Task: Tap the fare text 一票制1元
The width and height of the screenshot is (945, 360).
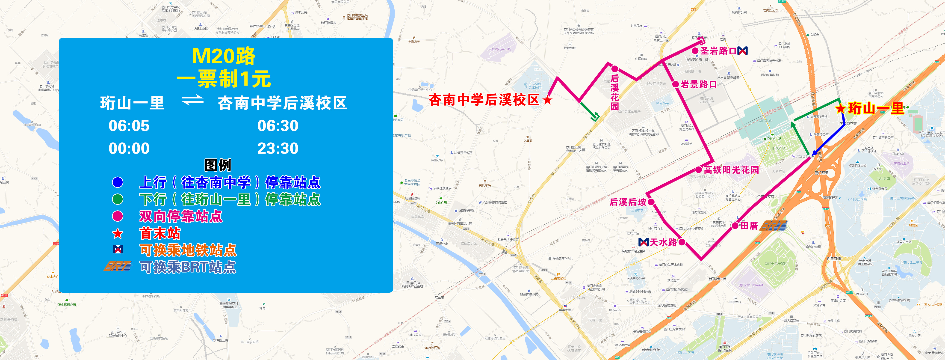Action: [x=224, y=79]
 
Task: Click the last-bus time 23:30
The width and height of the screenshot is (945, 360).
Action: [x=278, y=149]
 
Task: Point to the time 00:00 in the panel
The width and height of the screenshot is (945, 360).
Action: [x=129, y=149]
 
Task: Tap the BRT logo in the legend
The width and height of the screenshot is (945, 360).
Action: [x=117, y=266]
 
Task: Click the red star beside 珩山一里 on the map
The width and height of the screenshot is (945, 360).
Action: [x=840, y=109]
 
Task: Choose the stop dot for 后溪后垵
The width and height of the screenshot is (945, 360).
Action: [x=651, y=202]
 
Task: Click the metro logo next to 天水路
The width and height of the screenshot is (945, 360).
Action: [x=644, y=242]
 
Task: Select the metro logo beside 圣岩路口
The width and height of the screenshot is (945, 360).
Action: [x=742, y=51]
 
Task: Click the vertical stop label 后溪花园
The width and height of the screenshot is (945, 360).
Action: [x=614, y=92]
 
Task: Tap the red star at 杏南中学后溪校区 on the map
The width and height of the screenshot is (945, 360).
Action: [x=547, y=100]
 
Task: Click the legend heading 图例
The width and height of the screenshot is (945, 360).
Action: [x=218, y=165]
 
